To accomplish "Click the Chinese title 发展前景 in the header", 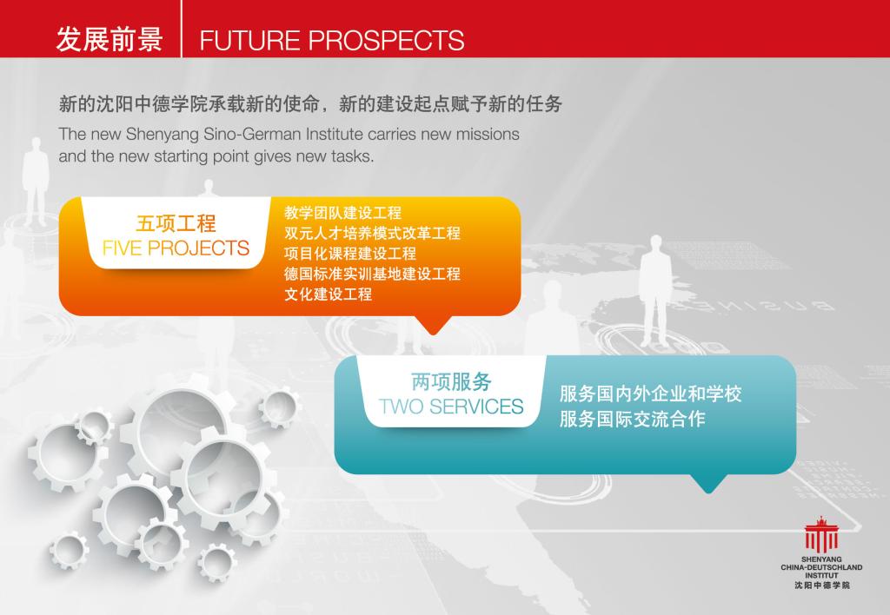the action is click(109, 40).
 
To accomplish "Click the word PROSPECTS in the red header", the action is click(386, 40).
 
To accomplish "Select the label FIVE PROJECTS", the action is click(176, 248).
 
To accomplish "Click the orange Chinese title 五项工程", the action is click(176, 223).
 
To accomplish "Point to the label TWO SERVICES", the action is click(451, 407).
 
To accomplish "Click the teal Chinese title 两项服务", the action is click(451, 382).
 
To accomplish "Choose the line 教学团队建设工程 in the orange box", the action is click(342, 213).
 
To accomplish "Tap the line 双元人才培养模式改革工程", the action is click(372, 233).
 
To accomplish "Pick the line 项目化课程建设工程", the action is click(350, 254).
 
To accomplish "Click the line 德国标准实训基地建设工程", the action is click(372, 274).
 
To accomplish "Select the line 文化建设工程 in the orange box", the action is click(328, 294).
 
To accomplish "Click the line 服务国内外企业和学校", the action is click(650, 393).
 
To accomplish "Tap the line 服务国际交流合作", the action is click(633, 420).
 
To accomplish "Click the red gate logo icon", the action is click(820, 534).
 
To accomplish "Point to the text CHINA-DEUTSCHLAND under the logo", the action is click(821, 567).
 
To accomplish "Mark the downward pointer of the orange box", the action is click(433, 325).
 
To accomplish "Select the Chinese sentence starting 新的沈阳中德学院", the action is click(310, 104).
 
